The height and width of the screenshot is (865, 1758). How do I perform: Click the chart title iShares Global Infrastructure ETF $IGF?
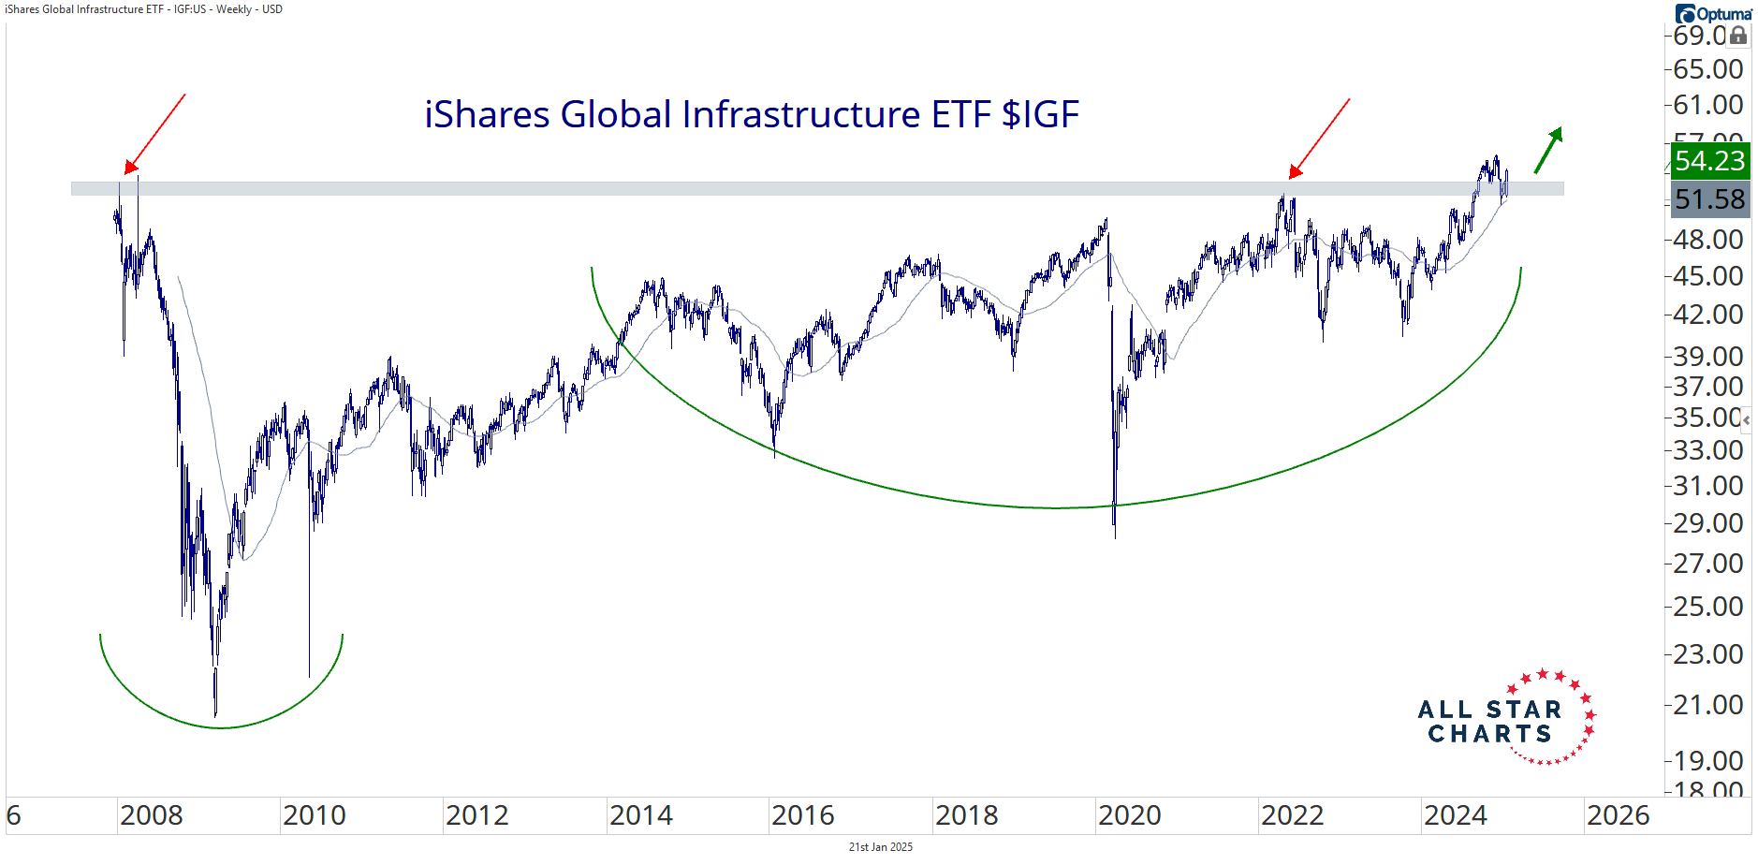[751, 115]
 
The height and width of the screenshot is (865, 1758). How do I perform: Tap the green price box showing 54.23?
[1709, 161]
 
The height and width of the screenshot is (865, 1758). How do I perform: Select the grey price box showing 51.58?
[1709, 199]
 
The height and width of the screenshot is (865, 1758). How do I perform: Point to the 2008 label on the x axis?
[152, 815]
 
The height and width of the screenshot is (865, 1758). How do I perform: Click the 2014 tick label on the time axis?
[641, 815]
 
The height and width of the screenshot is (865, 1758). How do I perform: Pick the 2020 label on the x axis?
[1130, 815]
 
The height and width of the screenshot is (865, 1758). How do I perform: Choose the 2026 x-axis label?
[1619, 815]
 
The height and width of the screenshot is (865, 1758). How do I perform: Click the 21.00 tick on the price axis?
[1708, 705]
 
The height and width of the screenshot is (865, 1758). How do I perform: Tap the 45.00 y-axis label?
[1708, 276]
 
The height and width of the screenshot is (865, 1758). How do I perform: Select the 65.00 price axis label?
[1708, 69]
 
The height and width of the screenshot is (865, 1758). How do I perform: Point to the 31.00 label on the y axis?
[1708, 486]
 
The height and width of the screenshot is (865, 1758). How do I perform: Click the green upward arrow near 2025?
[1548, 150]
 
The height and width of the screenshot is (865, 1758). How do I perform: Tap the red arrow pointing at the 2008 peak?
[155, 133]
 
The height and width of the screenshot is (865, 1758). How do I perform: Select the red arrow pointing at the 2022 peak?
[1320, 138]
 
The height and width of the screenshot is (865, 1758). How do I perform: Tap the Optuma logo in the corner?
[1714, 13]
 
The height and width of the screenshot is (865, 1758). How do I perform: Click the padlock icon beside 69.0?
[1738, 36]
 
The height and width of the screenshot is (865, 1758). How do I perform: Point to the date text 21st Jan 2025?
[880, 847]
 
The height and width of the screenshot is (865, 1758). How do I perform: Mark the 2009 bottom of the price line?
[215, 713]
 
